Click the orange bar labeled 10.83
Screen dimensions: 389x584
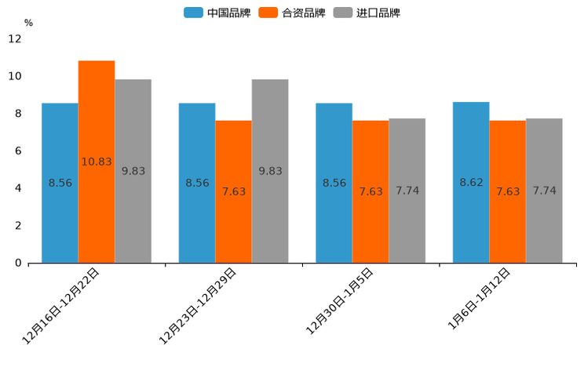point(97,162)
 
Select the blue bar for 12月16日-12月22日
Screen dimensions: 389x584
point(60,183)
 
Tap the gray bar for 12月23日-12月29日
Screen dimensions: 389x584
point(270,171)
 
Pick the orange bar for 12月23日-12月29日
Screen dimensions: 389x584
point(233,191)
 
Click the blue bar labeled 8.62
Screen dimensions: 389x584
point(471,182)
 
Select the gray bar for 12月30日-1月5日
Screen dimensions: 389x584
point(407,191)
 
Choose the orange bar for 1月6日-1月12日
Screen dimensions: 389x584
point(508,191)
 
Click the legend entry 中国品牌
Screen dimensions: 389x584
point(217,13)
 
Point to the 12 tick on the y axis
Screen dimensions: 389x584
point(15,38)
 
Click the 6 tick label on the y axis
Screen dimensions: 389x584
point(18,151)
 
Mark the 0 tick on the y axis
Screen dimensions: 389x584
point(18,263)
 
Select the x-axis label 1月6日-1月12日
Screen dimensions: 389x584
point(480,299)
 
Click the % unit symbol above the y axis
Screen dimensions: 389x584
point(28,23)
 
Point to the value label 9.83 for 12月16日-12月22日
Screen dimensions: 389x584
point(133,171)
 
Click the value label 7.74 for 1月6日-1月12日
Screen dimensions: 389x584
point(545,191)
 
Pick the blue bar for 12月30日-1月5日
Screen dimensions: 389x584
point(334,183)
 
